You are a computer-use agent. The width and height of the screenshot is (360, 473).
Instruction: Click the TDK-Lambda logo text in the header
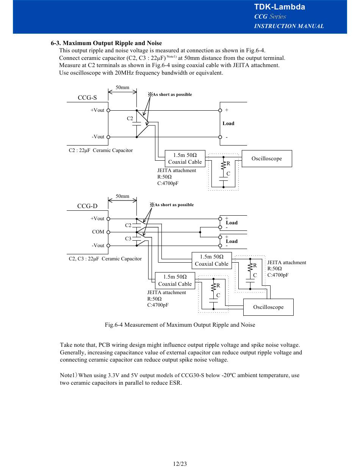point(279,7)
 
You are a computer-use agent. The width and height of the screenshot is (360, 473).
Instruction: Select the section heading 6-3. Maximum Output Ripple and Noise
point(106,43)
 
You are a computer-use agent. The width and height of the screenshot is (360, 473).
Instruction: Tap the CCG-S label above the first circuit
point(87,98)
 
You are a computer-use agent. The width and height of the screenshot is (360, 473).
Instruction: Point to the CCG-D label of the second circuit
point(87,206)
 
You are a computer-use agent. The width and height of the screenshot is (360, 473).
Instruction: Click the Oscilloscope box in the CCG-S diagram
point(267,158)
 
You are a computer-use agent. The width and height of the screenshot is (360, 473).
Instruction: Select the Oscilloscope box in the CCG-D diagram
point(268,307)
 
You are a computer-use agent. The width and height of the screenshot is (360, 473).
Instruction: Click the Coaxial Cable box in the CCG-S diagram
point(185,158)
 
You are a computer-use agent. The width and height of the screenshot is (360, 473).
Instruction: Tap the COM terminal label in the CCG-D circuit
point(98,232)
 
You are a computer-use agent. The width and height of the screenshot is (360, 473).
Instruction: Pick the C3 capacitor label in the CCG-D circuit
point(128,238)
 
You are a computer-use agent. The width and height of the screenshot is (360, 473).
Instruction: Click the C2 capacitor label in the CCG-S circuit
point(130,118)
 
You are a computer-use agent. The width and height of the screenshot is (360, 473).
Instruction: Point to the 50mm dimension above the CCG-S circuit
point(122,88)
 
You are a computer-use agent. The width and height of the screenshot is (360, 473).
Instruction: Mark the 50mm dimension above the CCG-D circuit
point(122,196)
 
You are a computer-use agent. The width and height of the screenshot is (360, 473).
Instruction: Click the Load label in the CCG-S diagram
point(229,124)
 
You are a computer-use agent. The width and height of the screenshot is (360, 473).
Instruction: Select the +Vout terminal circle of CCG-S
point(108,110)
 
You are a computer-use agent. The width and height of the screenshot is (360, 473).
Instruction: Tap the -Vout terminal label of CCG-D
point(98,245)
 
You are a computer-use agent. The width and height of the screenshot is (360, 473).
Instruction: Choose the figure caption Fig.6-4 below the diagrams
point(180,325)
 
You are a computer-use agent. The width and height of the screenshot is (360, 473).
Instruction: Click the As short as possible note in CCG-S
point(170,94)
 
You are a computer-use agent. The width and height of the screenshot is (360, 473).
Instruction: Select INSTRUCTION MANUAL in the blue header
point(289,26)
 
